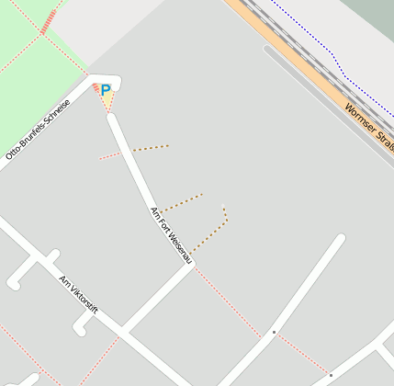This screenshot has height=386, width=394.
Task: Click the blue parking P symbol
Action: (105, 90)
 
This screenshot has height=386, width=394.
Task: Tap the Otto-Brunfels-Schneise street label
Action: (38, 129)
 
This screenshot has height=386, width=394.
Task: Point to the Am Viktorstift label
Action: (78, 293)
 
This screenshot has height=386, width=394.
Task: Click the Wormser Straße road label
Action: (369, 126)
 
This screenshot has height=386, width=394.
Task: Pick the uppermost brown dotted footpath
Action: (151, 147)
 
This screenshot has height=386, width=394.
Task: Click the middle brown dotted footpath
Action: (182, 202)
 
